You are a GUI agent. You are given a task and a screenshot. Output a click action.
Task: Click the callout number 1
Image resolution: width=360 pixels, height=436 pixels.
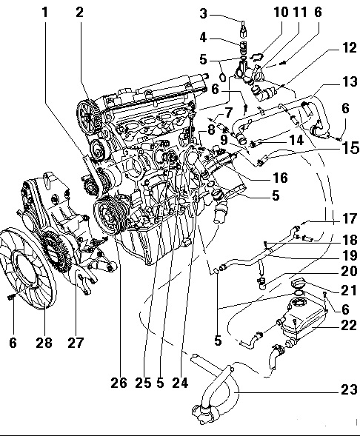pyautogui.click(x=45, y=13)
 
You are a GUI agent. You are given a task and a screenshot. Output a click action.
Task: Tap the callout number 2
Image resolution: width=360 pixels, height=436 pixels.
pyautogui.click(x=79, y=13)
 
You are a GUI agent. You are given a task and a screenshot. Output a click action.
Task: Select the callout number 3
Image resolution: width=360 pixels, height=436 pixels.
pyautogui.click(x=204, y=13)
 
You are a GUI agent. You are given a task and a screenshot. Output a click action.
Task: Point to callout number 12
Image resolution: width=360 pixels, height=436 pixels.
pyautogui.click(x=349, y=47)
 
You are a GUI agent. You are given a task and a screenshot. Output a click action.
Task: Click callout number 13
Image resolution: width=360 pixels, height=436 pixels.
pyautogui.click(x=349, y=81)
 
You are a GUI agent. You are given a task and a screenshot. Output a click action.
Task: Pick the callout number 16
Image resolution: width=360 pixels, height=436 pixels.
pyautogui.click(x=279, y=178)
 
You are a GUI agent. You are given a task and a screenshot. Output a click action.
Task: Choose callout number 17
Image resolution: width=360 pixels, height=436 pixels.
pyautogui.click(x=349, y=218)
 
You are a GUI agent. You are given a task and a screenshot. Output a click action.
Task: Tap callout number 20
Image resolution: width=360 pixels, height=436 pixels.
pyautogui.click(x=349, y=271)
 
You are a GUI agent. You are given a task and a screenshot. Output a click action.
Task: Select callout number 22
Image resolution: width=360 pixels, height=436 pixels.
pyautogui.click(x=349, y=325)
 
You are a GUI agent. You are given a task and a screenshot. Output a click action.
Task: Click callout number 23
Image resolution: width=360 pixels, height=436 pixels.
pyautogui.click(x=349, y=389)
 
